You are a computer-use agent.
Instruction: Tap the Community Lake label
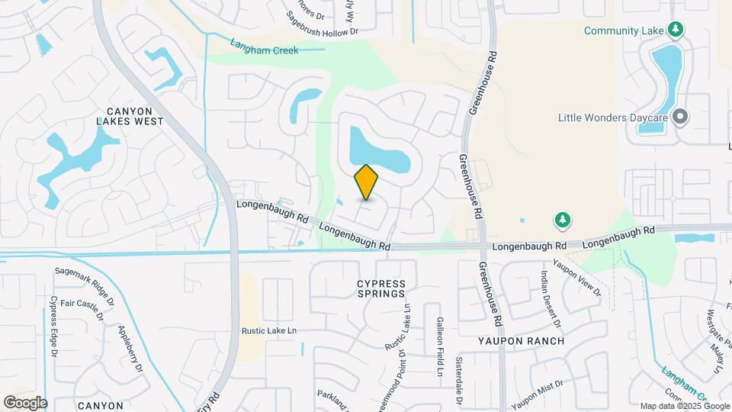click(623, 31)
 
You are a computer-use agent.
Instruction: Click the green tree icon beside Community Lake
click(675, 30)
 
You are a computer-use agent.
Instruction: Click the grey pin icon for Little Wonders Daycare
click(680, 117)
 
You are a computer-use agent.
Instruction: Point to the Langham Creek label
click(264, 50)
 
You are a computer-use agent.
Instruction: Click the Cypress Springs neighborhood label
click(381, 289)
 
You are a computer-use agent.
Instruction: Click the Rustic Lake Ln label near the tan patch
click(268, 331)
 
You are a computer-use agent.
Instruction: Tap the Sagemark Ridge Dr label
click(85, 282)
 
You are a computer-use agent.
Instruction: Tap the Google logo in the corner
click(25, 402)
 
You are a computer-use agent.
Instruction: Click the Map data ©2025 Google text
click(684, 406)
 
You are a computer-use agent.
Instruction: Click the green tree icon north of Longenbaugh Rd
click(563, 220)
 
